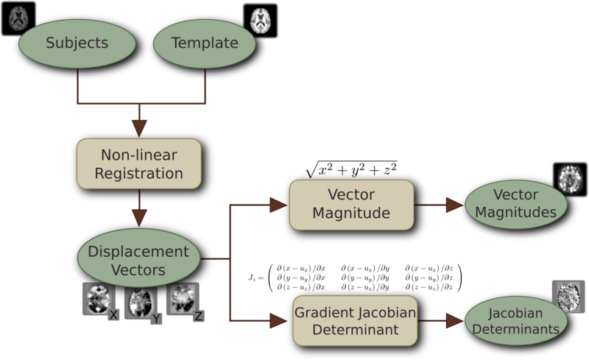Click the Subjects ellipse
pyautogui.click(x=77, y=43)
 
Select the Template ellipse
pyautogui.click(x=204, y=43)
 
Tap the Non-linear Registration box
pyautogui.click(x=139, y=166)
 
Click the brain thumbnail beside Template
pyautogui.click(x=261, y=19)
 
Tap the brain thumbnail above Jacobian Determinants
pyautogui.click(x=568, y=294)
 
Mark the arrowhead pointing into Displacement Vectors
pyautogui.click(x=139, y=219)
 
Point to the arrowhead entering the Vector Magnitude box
pyautogui.click(x=279, y=204)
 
